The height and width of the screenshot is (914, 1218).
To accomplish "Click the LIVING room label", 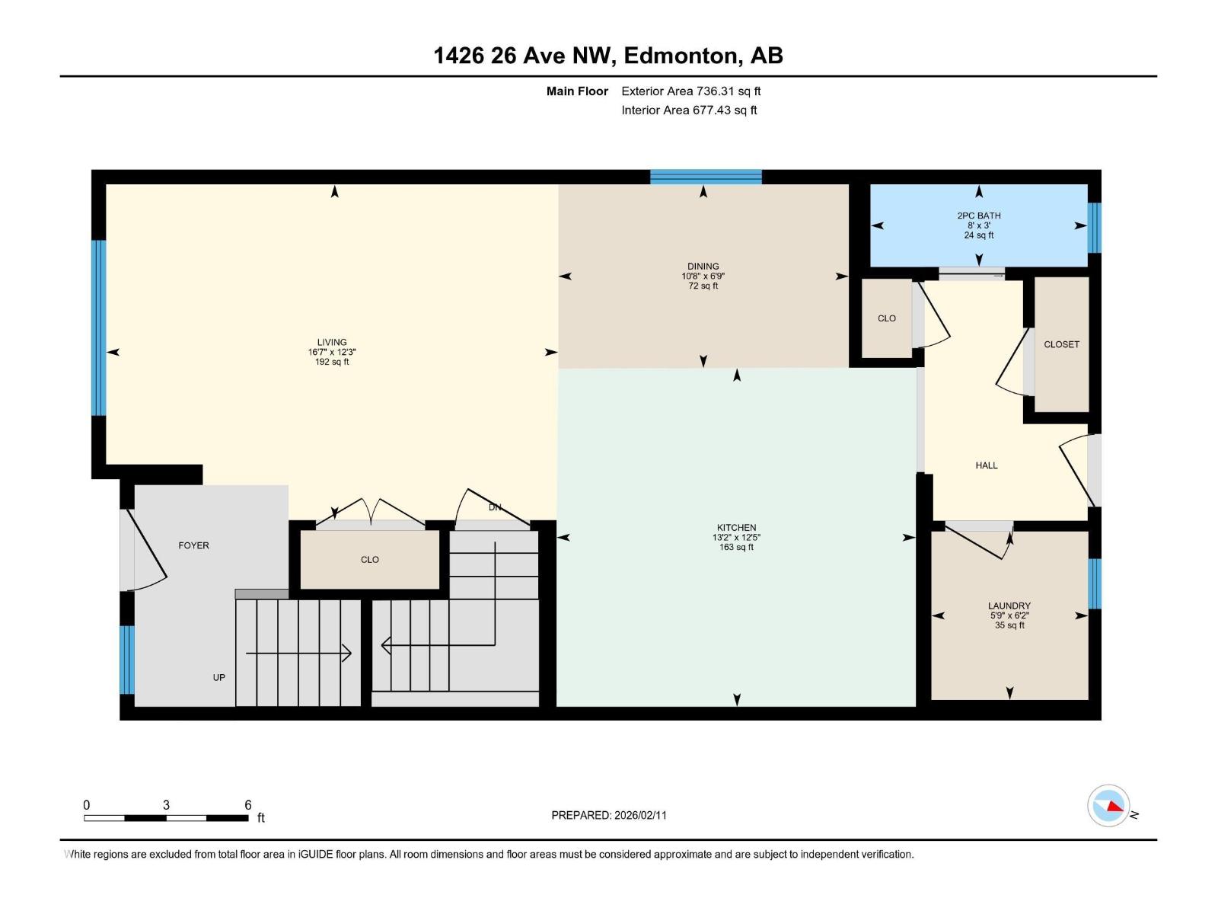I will (332, 342).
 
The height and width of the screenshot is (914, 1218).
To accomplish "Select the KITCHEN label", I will (736, 527).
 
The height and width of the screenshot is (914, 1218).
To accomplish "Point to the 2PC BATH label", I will (979, 216).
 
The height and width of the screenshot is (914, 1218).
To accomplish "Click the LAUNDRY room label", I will (1009, 606).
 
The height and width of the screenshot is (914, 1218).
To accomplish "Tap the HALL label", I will (987, 465).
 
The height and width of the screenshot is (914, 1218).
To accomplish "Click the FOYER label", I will (193, 545).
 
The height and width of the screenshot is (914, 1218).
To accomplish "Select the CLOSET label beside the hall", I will (1061, 344).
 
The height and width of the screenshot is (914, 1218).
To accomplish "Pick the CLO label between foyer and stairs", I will (370, 559).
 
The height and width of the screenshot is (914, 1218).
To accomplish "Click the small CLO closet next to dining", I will (887, 318).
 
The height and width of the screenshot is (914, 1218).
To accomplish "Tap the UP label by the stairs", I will (219, 677).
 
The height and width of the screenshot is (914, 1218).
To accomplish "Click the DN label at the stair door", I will (495, 507).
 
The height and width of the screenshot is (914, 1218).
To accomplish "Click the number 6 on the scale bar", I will (248, 804).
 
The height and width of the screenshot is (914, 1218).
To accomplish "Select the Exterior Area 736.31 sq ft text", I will (691, 91).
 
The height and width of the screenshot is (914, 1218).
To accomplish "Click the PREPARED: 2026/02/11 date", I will (609, 815).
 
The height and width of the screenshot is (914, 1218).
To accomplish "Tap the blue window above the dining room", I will (706, 177).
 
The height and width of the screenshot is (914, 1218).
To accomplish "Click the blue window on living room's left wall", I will (98, 328).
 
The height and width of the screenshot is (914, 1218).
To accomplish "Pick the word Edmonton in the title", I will (681, 56).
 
